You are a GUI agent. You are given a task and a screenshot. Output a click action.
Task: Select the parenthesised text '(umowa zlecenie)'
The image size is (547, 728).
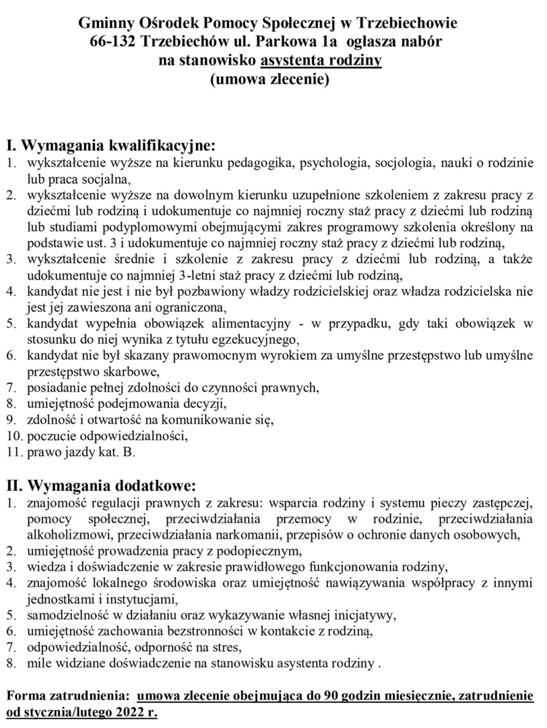pyautogui.click(x=269, y=80)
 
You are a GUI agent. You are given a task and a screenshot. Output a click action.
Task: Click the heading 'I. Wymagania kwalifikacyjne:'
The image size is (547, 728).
pyautogui.click(x=110, y=145)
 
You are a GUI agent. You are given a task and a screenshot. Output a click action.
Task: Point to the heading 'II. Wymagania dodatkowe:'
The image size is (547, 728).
pyautogui.click(x=101, y=485)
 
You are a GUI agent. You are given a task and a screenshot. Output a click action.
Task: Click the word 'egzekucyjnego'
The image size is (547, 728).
pyautogui.click(x=253, y=338)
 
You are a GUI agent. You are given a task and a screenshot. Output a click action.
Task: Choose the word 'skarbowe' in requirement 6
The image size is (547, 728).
pyautogui.click(x=112, y=371)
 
